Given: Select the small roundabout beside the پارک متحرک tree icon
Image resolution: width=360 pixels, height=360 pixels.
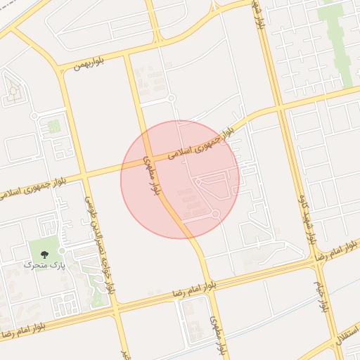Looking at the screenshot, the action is coord(62,250).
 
